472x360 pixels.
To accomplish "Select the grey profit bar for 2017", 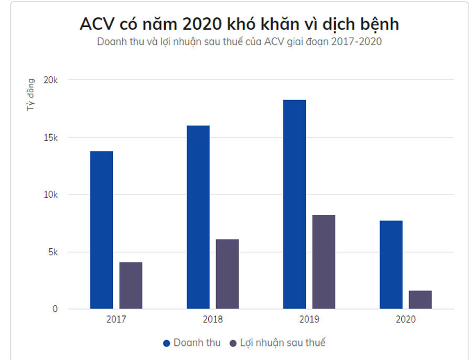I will (x=131, y=285).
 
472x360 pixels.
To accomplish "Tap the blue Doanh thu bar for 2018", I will (x=198, y=217).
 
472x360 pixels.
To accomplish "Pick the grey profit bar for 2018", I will (x=227, y=274).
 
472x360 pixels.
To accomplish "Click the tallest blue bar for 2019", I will (x=294, y=204).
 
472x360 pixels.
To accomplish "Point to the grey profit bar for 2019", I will (x=324, y=261).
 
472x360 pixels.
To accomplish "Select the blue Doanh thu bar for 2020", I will (x=391, y=265).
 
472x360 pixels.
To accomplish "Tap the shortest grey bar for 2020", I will (x=420, y=299).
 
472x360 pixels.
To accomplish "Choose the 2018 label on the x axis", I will (x=212, y=319).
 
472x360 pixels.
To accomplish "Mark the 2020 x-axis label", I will (x=405, y=319).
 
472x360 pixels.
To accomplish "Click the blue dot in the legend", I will (x=167, y=343).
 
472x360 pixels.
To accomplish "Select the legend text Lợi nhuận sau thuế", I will (x=283, y=343).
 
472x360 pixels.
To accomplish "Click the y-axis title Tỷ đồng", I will (x=31, y=95).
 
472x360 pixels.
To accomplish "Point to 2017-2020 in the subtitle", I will (x=355, y=42).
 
